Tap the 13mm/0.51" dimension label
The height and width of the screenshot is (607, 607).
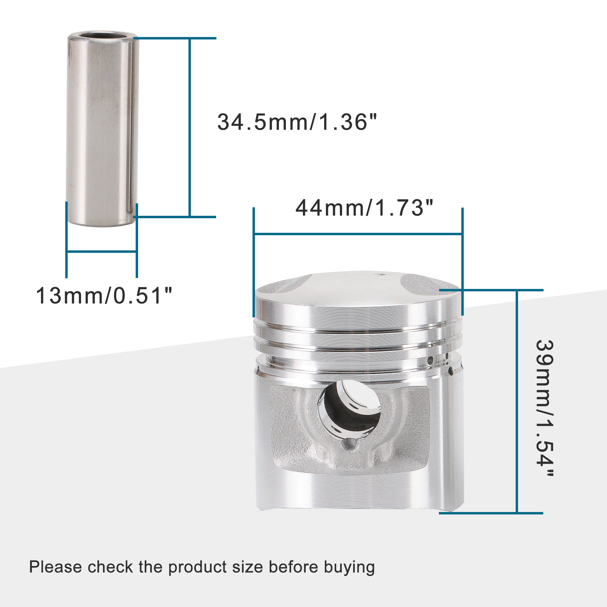(x=104, y=296)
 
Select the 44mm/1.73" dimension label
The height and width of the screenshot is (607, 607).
(x=364, y=208)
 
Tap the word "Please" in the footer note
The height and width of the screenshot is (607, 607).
(x=55, y=568)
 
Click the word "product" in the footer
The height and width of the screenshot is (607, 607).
(x=197, y=568)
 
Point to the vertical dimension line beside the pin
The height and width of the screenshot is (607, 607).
(x=190, y=127)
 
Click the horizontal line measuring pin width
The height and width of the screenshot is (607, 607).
(x=101, y=251)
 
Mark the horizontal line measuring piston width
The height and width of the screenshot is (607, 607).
(x=358, y=234)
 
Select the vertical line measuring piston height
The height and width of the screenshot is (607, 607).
(x=517, y=402)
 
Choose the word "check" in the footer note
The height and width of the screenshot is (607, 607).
(x=110, y=568)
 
